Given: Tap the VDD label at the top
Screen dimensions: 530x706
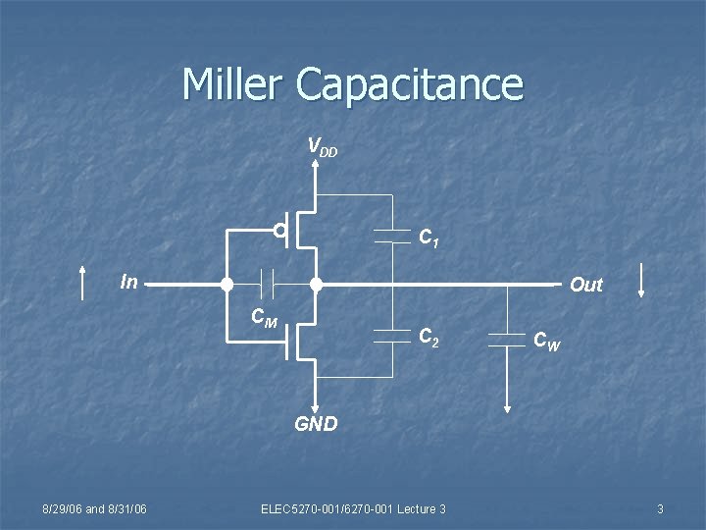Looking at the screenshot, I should tap(323, 147).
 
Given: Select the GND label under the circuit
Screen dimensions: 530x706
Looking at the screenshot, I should tap(316, 424).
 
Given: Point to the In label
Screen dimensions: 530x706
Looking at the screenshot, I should tap(128, 282).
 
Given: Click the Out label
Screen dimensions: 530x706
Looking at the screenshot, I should tap(586, 285).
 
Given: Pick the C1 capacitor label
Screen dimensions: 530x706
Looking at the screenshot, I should tap(429, 238).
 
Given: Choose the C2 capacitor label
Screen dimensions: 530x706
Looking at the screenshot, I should tap(429, 339).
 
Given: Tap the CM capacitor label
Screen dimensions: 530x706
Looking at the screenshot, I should tap(264, 318).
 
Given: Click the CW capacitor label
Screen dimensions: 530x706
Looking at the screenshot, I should tap(547, 341).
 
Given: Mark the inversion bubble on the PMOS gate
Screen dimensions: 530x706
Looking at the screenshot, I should tap(280, 232).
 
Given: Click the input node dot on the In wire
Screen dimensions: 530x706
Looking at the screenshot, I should tap(226, 286).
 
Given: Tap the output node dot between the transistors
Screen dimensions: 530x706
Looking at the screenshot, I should tap(316, 286).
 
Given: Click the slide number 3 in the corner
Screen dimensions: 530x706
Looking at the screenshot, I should tap(660, 507).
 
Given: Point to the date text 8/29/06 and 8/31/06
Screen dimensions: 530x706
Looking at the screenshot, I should tap(95, 507).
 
